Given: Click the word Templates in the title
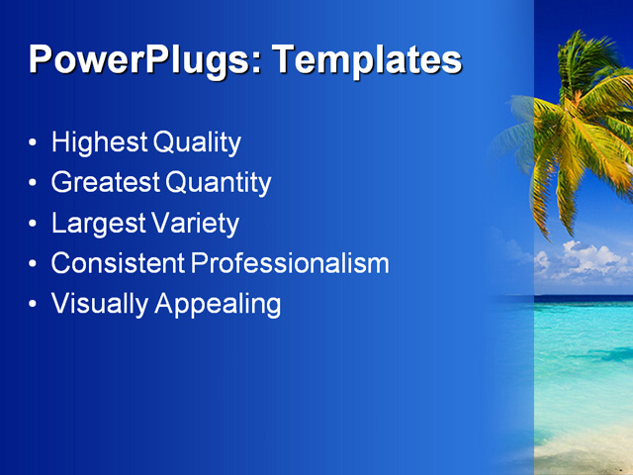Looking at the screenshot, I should coord(367,60).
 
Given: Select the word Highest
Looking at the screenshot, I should coord(100,142).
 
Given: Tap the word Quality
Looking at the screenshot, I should coord(197,142).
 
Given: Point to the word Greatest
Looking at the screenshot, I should coord(106,183).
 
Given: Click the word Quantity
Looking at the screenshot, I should coord(219,183).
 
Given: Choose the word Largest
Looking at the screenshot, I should coord(99,224).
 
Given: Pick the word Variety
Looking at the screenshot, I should coord(196,224).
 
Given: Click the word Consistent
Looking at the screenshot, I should coord(118,263).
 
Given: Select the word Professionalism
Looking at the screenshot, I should coord(290,263).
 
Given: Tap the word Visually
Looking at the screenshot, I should coord(100,304).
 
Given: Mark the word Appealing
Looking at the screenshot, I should coord(218,305).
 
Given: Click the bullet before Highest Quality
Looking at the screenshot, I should coord(35,143).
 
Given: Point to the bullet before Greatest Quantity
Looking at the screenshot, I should coord(35,184).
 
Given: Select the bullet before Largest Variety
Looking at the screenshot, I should coord(35,225).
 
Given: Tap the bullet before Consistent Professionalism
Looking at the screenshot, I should coord(35,264).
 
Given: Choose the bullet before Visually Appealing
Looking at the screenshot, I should coord(35,305).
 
